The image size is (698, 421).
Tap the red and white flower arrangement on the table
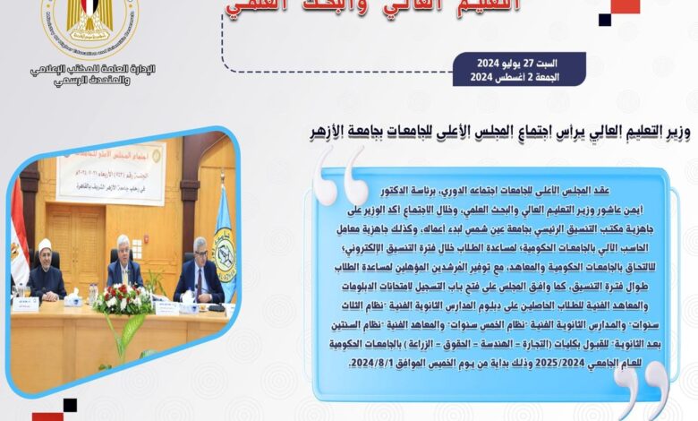pos(123,300)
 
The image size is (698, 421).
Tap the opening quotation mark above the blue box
pos(344,176)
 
